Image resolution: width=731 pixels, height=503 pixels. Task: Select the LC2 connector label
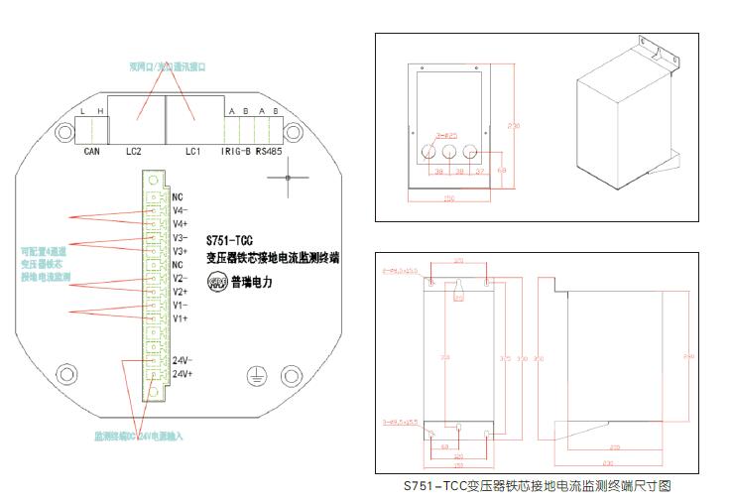tap(136, 151)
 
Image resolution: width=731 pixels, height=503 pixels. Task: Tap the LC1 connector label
tap(193, 151)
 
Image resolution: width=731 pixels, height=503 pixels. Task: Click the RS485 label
tap(269, 151)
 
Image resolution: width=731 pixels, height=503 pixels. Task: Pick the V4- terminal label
tap(181, 210)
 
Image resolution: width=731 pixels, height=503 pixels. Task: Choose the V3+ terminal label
tap(181, 251)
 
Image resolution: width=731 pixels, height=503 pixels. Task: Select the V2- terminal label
tap(181, 279)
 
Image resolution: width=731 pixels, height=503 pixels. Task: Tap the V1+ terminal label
tap(181, 318)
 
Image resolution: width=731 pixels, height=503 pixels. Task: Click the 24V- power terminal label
tap(182, 359)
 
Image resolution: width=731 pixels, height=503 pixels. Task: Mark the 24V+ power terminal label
tap(182, 373)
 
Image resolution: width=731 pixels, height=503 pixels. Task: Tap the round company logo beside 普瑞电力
tap(215, 282)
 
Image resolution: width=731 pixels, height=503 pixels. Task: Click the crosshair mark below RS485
tap(287, 179)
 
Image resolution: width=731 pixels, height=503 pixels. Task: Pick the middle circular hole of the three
tap(448, 153)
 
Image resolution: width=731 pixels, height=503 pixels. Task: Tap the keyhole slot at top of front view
tap(458, 291)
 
